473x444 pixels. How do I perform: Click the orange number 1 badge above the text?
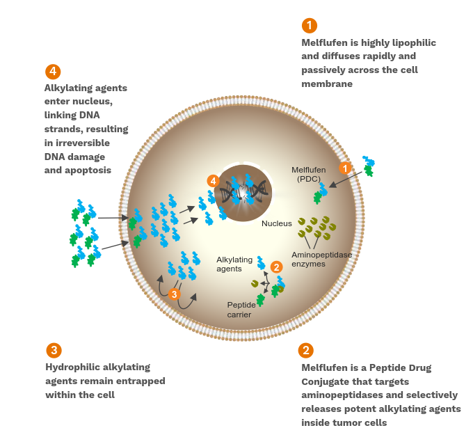[x=310, y=26]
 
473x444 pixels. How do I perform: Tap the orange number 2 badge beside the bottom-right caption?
[x=305, y=351]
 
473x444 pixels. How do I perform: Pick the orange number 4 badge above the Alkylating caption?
[x=53, y=72]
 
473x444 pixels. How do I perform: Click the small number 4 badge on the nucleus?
[x=214, y=181]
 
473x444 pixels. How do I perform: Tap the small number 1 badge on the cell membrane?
[x=344, y=168]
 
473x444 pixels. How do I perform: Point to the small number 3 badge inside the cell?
[x=174, y=294]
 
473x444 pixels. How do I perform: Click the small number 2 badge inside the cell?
[x=276, y=267]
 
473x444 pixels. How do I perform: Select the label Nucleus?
[x=276, y=223]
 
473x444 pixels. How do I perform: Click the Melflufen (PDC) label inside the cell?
[x=309, y=175]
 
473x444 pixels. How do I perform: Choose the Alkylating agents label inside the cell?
[x=234, y=264]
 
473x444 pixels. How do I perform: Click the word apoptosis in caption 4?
[x=86, y=170]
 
